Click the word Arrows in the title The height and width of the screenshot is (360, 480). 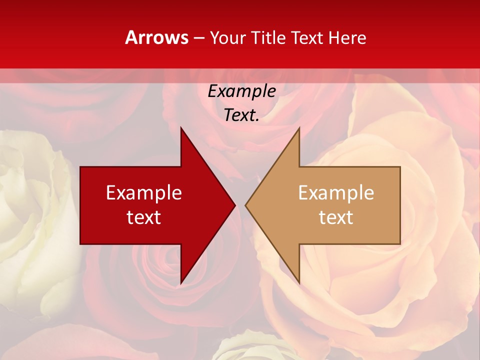[157, 37]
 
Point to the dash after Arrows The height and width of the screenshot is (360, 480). [199, 38]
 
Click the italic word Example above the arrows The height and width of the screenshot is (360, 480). [241, 91]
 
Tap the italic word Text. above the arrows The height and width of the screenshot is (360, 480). [241, 115]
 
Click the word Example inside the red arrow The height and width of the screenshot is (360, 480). [144, 193]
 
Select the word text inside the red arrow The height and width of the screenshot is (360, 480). [144, 217]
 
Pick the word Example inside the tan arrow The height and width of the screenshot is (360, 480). [336, 193]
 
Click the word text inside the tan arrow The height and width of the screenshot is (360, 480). [336, 217]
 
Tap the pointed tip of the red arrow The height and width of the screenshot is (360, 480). [235, 205]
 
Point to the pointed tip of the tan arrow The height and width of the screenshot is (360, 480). [245, 205]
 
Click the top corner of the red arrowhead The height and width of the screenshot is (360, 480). [181, 128]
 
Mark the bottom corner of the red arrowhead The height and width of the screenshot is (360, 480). [181, 283]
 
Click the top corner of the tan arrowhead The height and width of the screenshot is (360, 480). [299, 128]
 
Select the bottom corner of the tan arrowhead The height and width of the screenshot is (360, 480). [299, 283]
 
